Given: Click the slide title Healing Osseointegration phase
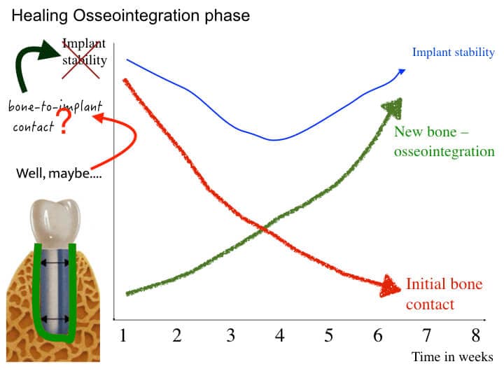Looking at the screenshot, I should [129, 15].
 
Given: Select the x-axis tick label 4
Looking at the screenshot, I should [279, 335].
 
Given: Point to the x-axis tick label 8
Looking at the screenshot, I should [476, 335].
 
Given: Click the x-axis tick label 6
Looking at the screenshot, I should [378, 335].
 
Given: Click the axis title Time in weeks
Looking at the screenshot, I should [452, 357].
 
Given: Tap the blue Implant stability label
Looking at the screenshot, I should [453, 52].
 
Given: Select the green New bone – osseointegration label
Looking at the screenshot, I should [444, 141].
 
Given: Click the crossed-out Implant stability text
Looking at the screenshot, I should [85, 52].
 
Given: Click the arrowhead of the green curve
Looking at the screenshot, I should [394, 106].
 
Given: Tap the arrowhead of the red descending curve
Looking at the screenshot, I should [389, 286].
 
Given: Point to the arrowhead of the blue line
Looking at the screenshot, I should [401, 70].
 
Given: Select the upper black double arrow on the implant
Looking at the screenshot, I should [54, 262].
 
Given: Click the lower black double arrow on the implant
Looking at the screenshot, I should [54, 319].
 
